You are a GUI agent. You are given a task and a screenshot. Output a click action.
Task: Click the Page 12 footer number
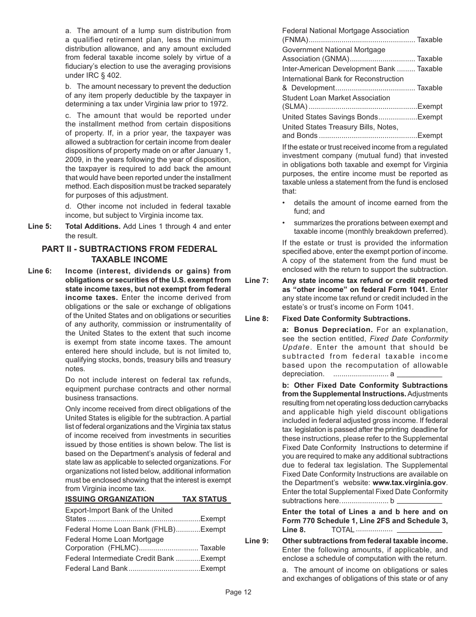238,592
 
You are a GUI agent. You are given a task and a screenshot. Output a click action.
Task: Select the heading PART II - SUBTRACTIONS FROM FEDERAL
129,249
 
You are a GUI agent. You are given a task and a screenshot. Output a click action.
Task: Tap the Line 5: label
40,226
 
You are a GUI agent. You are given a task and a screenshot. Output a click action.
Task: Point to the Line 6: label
40,271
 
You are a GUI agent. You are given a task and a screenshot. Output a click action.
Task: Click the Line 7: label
257,280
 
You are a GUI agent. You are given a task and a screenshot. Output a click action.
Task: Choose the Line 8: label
257,319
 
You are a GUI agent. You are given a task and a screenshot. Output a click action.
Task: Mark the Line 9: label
257,541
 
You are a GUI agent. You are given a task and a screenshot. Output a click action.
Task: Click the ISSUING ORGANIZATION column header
110,499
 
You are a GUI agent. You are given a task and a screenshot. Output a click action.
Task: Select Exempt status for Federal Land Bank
213,568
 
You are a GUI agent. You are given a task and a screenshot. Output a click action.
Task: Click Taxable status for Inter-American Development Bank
430,69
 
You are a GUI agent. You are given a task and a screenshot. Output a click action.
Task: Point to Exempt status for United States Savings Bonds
430,117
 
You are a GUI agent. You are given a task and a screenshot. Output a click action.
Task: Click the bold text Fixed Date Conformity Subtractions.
346,319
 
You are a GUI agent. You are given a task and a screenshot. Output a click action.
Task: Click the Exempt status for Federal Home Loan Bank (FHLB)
213,529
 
